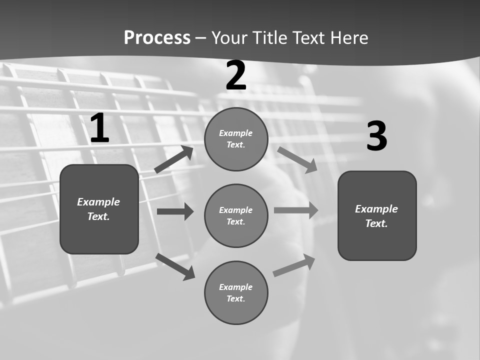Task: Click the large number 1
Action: (x=99, y=128)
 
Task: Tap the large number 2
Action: (x=236, y=75)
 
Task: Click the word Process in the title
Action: (x=157, y=37)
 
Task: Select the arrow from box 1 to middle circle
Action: (x=175, y=211)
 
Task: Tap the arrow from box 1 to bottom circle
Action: (x=175, y=266)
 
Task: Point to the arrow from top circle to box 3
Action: (x=297, y=159)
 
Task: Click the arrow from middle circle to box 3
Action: (x=296, y=210)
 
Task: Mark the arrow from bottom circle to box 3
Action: (x=294, y=265)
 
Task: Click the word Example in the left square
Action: (x=98, y=202)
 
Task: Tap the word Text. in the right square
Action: (x=376, y=223)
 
